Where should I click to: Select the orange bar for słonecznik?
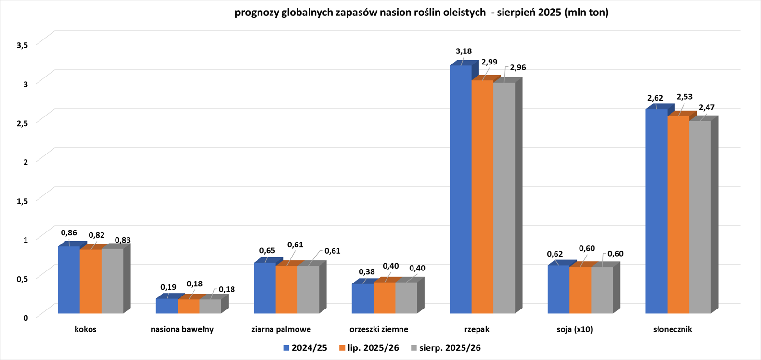(678, 215)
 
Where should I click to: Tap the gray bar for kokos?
(113, 281)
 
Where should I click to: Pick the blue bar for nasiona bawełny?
(167, 306)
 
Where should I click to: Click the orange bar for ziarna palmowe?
(286, 290)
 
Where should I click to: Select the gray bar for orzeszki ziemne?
(406, 298)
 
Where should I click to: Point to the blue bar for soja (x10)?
(558, 289)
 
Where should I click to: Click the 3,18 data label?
(464, 51)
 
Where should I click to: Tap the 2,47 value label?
(706, 107)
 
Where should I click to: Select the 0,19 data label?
(168, 287)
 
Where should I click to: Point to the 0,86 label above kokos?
(69, 232)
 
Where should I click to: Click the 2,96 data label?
(517, 67)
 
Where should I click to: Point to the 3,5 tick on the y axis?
(23, 45)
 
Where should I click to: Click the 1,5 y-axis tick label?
(23, 200)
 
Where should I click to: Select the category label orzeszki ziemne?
(379, 330)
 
